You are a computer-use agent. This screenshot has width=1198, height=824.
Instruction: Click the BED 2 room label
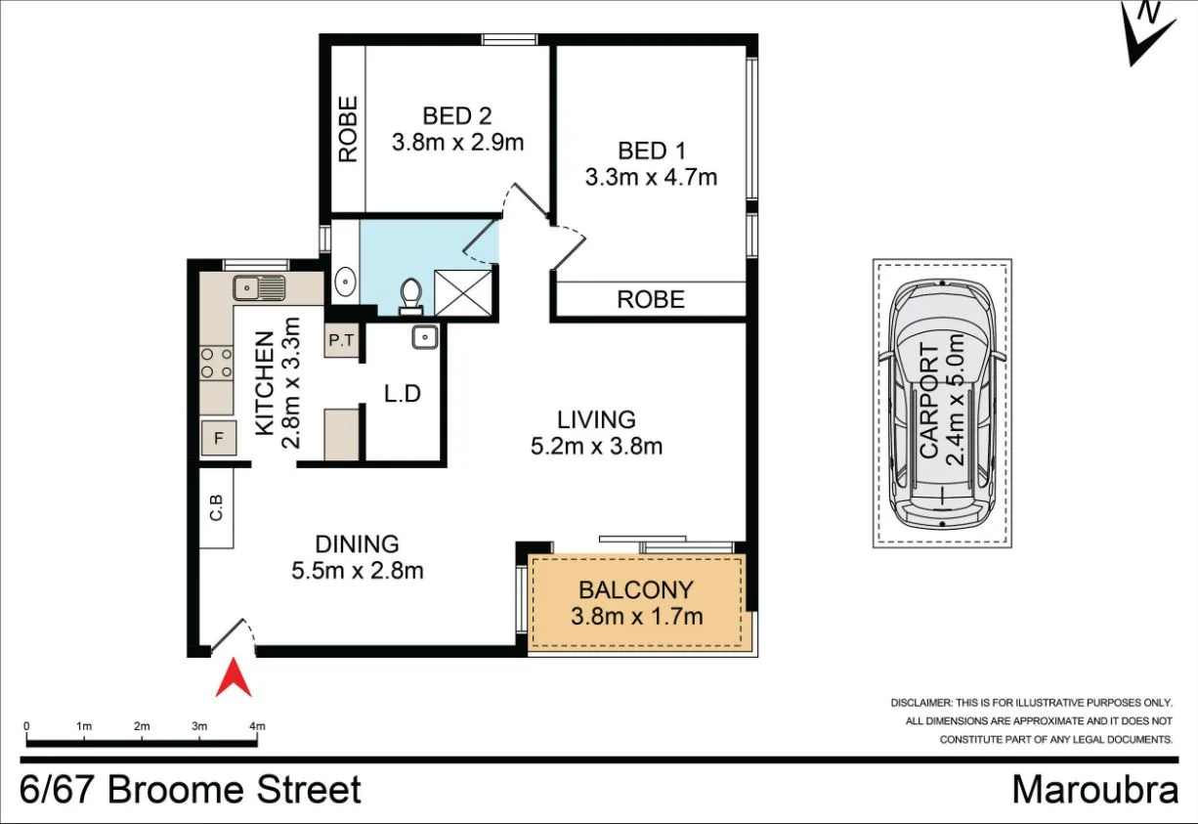pyautogui.click(x=457, y=116)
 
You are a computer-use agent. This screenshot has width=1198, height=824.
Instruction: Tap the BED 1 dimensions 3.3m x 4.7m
pyautogui.click(x=651, y=177)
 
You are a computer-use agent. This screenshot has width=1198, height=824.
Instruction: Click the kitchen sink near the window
pyautogui.click(x=259, y=287)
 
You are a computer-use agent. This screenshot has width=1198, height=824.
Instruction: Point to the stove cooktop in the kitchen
pyautogui.click(x=216, y=364)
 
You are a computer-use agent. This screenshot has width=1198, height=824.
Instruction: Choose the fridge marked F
pyautogui.click(x=218, y=439)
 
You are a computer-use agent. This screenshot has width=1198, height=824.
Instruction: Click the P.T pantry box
pyautogui.click(x=340, y=341)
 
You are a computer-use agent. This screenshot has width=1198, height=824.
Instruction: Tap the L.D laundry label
pyautogui.click(x=402, y=395)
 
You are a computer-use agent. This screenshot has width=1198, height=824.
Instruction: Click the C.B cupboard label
pyautogui.click(x=216, y=508)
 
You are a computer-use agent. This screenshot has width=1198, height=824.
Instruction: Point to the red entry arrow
pyautogui.click(x=234, y=678)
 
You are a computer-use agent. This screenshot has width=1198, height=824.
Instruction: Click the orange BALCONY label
pyautogui.click(x=635, y=590)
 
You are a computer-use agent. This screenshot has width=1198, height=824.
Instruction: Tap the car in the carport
pyautogui.click(x=942, y=403)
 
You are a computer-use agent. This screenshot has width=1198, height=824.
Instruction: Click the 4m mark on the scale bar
pyautogui.click(x=257, y=726)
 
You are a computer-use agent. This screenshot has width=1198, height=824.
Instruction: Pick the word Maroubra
pyautogui.click(x=1094, y=789)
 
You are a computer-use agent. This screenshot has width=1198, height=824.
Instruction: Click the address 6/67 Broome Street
pyautogui.click(x=192, y=789)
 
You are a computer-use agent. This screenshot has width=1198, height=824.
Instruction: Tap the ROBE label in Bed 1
pyautogui.click(x=651, y=299)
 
